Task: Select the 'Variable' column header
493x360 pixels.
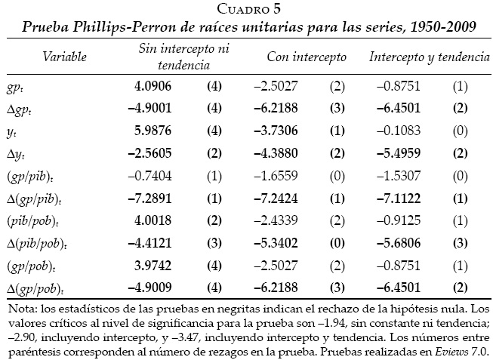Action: (x=64, y=57)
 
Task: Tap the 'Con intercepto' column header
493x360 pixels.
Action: (x=307, y=57)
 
